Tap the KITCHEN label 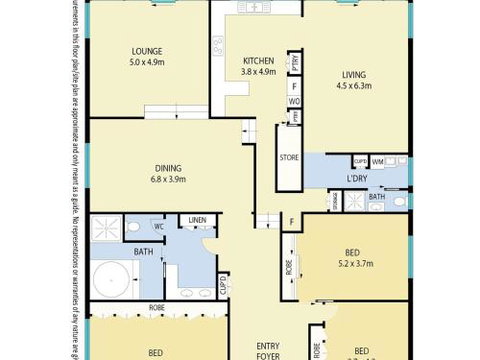pyautogui.click(x=258, y=59)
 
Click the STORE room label pyautogui.click(x=289, y=157)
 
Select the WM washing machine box pyautogui.click(x=378, y=161)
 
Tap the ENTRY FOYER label pyautogui.click(x=266, y=348)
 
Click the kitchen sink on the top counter pyautogui.click(x=256, y=8)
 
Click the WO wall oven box pyautogui.click(x=296, y=101)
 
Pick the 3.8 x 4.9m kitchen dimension pyautogui.click(x=258, y=71)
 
